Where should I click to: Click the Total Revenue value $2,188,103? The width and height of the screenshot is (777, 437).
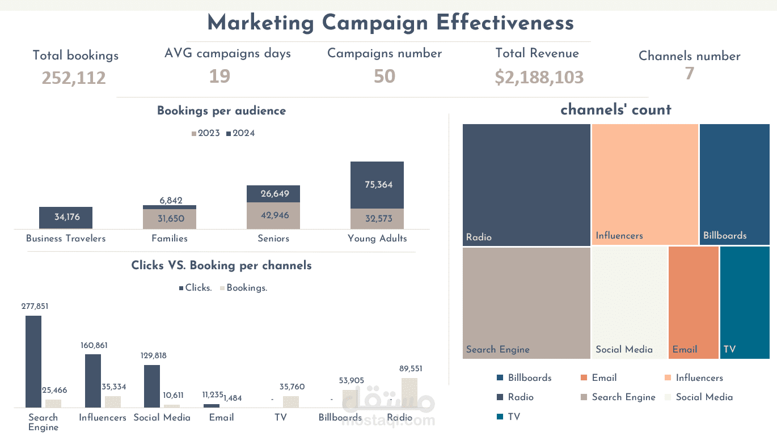click(x=539, y=77)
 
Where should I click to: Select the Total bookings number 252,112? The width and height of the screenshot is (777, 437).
click(x=74, y=78)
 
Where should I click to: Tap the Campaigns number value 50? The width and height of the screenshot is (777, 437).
click(x=384, y=76)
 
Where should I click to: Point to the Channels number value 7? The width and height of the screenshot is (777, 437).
click(x=689, y=74)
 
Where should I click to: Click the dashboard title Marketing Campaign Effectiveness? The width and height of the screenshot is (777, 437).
click(x=390, y=23)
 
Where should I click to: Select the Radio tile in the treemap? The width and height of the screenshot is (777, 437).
click(x=526, y=184)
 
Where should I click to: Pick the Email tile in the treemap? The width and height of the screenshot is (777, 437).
click(x=693, y=302)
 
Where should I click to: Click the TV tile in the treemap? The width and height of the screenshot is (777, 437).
click(x=745, y=302)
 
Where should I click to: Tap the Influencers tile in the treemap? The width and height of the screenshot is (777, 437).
click(x=645, y=184)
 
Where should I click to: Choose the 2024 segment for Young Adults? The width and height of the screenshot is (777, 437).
click(x=377, y=185)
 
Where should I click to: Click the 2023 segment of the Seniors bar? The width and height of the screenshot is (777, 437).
click(x=273, y=215)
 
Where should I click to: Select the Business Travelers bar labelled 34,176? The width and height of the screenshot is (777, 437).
click(x=66, y=218)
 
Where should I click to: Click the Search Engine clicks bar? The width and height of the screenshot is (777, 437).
click(x=33, y=361)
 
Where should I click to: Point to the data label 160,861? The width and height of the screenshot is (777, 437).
click(x=94, y=345)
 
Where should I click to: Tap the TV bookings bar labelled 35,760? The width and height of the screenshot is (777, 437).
click(x=291, y=401)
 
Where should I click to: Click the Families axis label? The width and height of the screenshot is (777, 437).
click(x=170, y=239)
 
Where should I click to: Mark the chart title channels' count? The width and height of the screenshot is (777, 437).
click(x=615, y=109)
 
